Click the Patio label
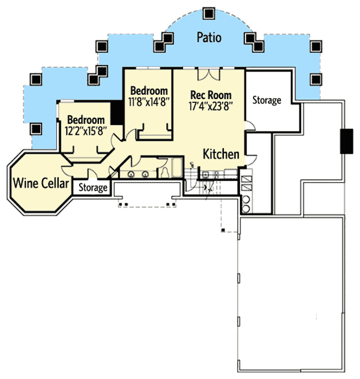click(209, 38)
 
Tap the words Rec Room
click(211, 95)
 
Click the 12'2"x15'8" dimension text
click(86, 130)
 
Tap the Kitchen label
click(221, 154)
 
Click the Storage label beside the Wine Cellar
click(93, 189)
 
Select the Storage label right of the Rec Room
click(266, 100)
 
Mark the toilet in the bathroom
click(164, 171)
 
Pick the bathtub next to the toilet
click(177, 168)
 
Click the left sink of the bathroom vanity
click(131, 174)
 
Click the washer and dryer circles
click(246, 201)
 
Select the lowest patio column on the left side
click(35, 128)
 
